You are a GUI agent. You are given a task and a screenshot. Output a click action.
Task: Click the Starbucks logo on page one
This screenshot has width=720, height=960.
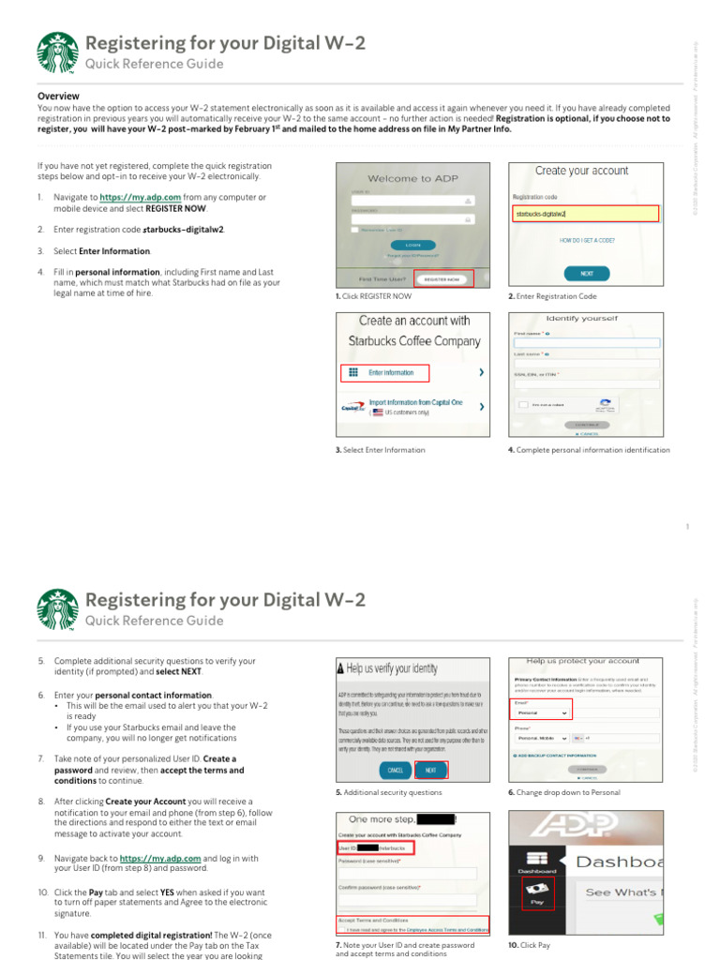[58, 52]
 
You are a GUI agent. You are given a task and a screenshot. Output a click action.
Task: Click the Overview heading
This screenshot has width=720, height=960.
[58, 97]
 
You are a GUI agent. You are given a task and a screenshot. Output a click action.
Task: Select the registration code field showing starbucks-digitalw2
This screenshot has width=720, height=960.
[585, 214]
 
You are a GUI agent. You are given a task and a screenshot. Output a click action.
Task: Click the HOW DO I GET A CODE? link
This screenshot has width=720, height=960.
[587, 241]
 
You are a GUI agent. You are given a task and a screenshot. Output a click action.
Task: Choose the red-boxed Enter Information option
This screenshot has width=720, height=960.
[383, 372]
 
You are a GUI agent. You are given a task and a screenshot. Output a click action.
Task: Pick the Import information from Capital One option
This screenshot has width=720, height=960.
[415, 407]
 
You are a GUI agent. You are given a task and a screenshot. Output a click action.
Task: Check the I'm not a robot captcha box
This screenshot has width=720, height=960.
[522, 405]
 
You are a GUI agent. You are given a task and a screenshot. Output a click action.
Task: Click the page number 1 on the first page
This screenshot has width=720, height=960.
[687, 527]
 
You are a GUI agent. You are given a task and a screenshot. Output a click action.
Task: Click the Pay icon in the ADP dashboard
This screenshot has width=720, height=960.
[537, 892]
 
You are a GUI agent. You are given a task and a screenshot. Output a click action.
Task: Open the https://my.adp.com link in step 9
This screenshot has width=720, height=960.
[160, 858]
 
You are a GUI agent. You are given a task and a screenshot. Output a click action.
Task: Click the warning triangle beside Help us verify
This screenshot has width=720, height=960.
[340, 668]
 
